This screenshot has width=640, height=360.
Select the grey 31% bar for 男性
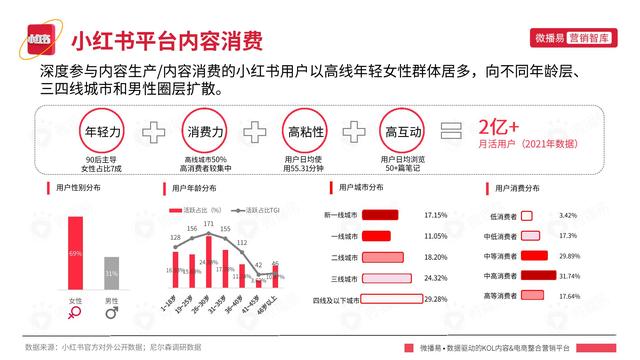pyautogui.click(x=111, y=274)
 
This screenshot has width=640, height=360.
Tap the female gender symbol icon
pyautogui.click(x=75, y=314)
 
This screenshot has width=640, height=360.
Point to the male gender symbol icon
pyautogui.click(x=112, y=314)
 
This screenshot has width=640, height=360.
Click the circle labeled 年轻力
pyautogui.click(x=103, y=132)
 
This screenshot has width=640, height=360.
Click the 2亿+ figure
pyautogui.click(x=499, y=128)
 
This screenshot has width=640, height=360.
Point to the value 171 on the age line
pyautogui.click(x=210, y=225)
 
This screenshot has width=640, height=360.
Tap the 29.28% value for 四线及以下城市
pyautogui.click(x=437, y=299)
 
